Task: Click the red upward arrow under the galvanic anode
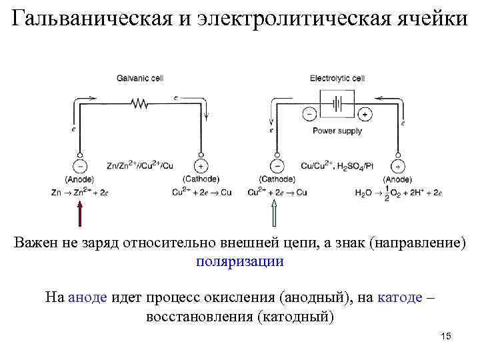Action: tap(80, 214)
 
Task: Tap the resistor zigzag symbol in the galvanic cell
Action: tap(141, 103)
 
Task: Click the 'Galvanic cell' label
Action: tap(139, 78)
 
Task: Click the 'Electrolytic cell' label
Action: tap(337, 78)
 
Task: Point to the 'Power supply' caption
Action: tap(337, 131)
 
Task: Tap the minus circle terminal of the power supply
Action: tap(308, 114)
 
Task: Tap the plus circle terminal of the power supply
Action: tap(366, 114)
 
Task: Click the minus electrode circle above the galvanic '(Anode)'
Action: tap(80, 165)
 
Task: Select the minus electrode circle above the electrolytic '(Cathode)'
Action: tap(277, 165)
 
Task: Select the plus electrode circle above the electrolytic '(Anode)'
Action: tap(398, 165)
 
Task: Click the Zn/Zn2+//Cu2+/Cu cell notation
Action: tap(140, 165)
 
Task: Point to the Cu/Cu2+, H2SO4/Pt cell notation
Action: tap(337, 165)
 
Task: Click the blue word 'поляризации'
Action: tap(240, 261)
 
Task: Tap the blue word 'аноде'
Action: tap(87, 297)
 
